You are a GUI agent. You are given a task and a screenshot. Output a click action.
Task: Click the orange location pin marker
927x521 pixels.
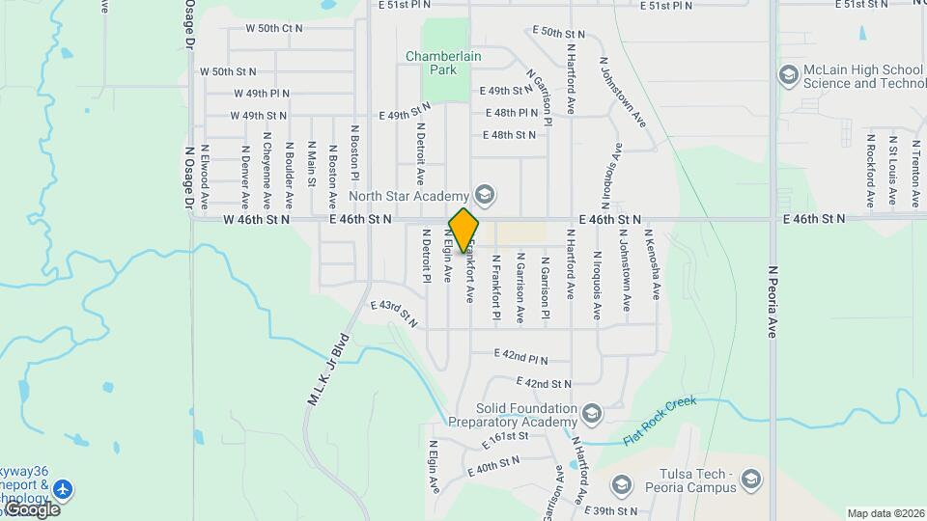coord(464,230)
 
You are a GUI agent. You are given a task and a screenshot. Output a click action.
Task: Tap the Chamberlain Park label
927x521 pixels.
coord(443,64)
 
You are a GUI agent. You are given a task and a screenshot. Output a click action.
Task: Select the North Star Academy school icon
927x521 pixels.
coord(485,196)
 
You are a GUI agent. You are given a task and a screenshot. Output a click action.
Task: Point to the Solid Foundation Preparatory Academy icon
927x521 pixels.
coord(592,415)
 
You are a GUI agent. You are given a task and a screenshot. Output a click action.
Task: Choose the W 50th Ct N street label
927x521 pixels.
coord(273,29)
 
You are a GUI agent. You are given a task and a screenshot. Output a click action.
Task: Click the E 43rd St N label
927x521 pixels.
coord(394,313)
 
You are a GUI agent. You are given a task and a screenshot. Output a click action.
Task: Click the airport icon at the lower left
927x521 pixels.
coord(64,489)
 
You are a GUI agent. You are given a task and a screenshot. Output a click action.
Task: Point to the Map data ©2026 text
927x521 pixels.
coord(885,513)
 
